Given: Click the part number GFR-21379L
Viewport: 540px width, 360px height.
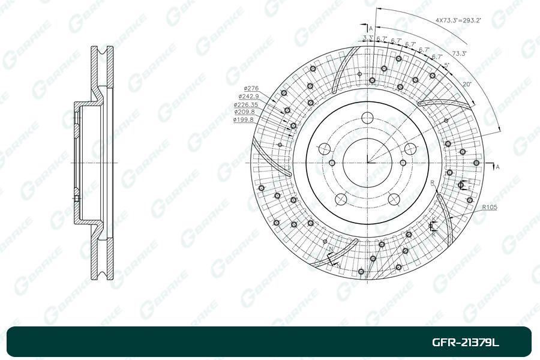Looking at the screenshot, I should point(466,343).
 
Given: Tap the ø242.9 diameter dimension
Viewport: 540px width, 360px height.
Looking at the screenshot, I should point(248,96).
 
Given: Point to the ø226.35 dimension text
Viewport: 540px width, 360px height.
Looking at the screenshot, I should point(245,104).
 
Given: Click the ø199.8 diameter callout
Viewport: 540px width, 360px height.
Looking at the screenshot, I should point(244,119).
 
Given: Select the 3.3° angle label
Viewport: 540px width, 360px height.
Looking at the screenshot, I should point(368,38).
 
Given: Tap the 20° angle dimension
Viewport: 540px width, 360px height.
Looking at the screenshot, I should point(467,84).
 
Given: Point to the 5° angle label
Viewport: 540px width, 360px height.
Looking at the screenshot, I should point(446,65).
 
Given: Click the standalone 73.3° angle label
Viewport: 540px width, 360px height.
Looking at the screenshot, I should point(460,53).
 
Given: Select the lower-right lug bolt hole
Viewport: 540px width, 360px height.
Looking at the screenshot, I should point(394,199).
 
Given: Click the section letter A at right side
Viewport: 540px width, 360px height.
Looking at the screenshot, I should point(497,166).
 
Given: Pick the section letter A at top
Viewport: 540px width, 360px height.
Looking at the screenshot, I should point(371,28).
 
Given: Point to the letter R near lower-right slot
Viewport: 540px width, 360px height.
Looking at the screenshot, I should point(432,182).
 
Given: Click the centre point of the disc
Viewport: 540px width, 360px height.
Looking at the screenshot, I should point(368,162).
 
